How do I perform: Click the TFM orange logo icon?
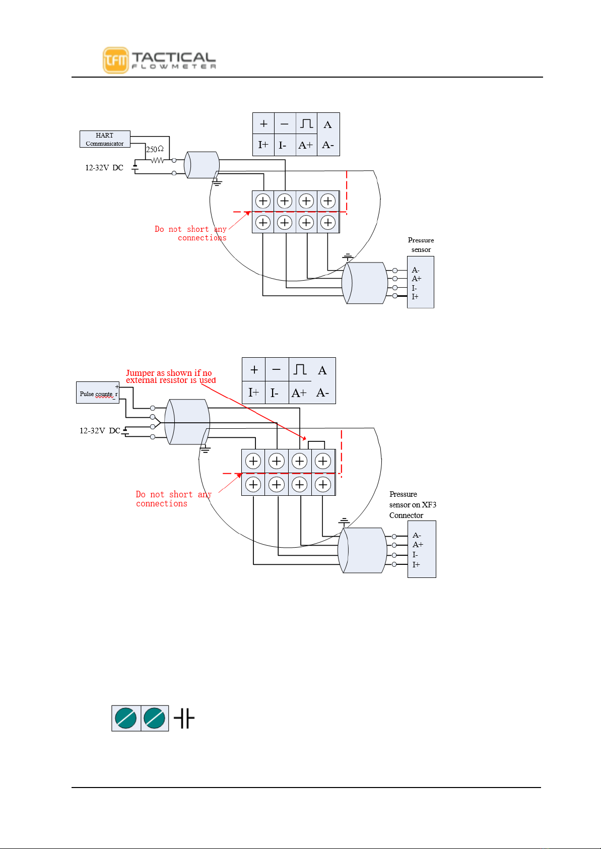point(116,60)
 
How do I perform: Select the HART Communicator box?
point(105,139)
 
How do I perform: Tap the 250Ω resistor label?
point(155,149)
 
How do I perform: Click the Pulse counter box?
point(98,393)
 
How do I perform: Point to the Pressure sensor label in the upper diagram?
point(421,245)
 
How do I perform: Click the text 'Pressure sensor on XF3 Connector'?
point(413,505)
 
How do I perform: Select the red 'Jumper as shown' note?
point(171,376)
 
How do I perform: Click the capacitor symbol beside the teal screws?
point(184,718)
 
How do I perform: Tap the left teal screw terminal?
point(126,718)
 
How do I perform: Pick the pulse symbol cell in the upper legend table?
point(306,123)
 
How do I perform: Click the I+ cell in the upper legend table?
point(263,145)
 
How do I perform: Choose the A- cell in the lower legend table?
point(323,393)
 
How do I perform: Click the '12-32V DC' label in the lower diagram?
point(100,431)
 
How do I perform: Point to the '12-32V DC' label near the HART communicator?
point(104,167)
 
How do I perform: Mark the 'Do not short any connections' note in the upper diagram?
point(190,233)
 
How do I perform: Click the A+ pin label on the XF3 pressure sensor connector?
point(418,545)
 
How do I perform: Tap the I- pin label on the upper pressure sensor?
point(414,288)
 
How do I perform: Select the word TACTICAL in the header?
point(174,57)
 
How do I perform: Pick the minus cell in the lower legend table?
point(277,369)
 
